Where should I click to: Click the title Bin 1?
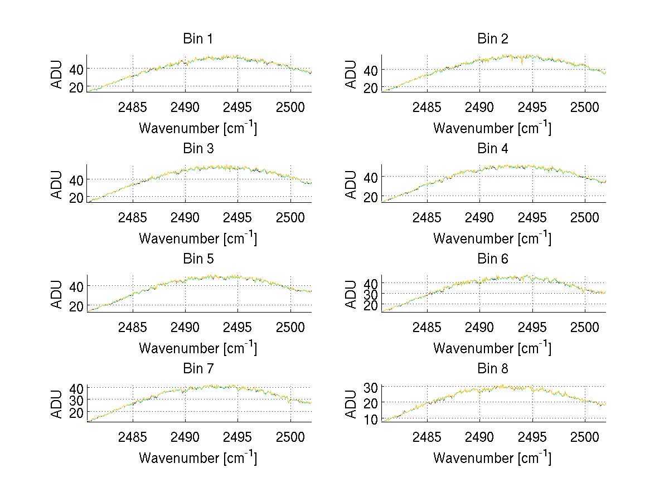(198, 39)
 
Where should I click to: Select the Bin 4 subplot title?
(493, 149)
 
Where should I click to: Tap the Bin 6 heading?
(493, 259)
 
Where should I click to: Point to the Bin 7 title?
(198, 368)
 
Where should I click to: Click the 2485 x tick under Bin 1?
(133, 107)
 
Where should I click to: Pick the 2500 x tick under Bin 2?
(585, 107)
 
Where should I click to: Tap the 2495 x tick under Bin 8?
(532, 437)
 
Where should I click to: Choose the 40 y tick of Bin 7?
(76, 388)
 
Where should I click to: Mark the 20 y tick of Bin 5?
(76, 306)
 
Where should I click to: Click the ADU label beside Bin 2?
(351, 74)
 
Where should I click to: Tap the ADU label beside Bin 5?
(57, 294)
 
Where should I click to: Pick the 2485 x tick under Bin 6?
(427, 327)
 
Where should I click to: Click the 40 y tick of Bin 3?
(76, 180)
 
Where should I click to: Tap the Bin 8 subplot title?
(493, 368)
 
